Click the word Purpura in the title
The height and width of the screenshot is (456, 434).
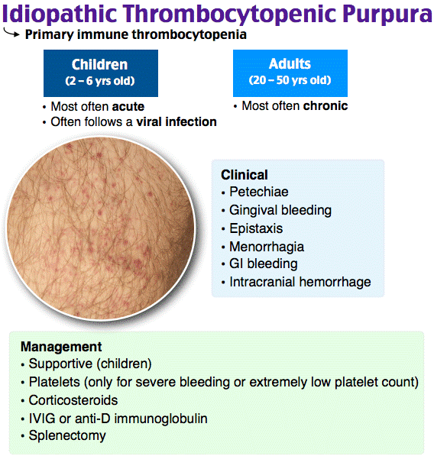pos(376,15)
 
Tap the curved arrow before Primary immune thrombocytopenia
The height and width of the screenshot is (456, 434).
pos(11,34)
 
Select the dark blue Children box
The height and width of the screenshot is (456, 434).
pos(100,73)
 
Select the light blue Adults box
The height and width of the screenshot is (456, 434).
pos(290,73)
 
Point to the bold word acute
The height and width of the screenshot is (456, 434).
pos(129,106)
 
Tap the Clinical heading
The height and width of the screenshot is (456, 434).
pos(244,175)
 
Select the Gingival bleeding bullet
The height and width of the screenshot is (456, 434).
pos(280,210)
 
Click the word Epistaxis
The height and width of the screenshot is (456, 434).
pos(256,228)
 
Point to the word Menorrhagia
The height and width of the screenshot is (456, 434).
pos(267,247)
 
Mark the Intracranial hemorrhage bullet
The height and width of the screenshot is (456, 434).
pos(300,282)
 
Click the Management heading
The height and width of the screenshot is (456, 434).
pos(61,346)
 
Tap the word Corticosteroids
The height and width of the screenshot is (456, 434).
pos(73,399)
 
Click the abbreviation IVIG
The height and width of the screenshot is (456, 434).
pos(42,418)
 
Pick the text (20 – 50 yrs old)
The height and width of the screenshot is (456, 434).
pos(290,80)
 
